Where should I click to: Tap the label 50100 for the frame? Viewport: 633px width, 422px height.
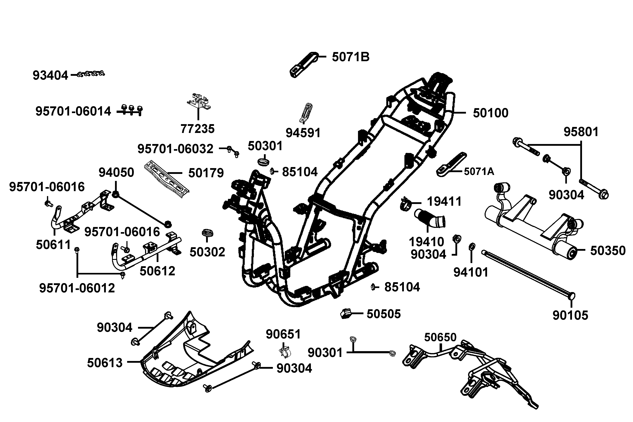(490, 113)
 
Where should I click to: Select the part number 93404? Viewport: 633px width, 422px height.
(50, 76)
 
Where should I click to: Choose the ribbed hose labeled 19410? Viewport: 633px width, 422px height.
(430, 218)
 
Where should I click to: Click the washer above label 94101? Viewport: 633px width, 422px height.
(472, 246)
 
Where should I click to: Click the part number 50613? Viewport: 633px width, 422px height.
(105, 363)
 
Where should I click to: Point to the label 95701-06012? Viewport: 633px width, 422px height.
(77, 288)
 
